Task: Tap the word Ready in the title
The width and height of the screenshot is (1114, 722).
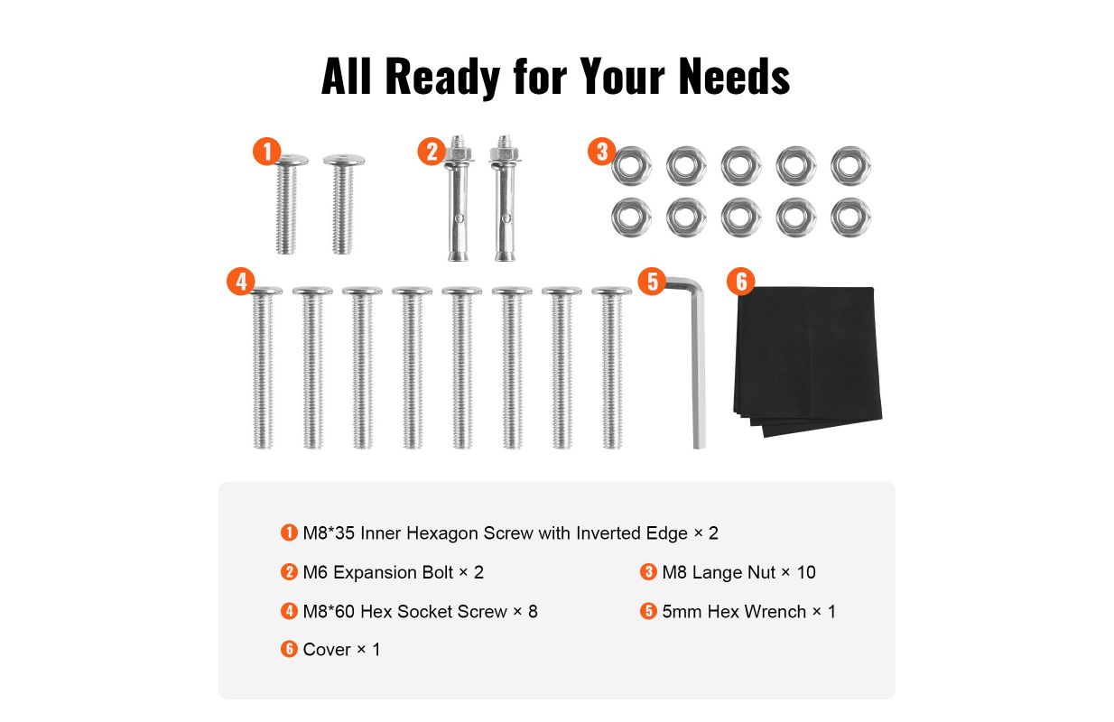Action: [x=442, y=78]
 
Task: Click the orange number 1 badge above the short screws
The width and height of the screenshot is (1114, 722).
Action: [x=267, y=151]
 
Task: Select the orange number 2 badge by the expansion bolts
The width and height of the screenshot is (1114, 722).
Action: [x=432, y=151]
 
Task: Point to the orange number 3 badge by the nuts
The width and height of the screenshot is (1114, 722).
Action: [x=602, y=151]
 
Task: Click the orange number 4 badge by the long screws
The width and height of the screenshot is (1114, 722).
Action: [x=241, y=282]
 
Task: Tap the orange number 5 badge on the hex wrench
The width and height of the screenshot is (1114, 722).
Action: [x=652, y=282]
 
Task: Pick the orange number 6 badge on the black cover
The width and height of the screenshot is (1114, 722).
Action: [x=741, y=282]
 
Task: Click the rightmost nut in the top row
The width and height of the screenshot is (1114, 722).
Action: [x=850, y=165]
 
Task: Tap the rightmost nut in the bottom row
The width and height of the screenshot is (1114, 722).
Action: [x=850, y=218]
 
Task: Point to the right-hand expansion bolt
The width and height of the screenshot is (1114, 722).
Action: [x=505, y=198]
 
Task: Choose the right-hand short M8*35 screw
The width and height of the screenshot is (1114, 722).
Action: [x=343, y=204]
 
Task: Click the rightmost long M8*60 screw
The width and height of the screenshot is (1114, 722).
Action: [x=612, y=367]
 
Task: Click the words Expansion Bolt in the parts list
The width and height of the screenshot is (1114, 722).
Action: [x=393, y=572]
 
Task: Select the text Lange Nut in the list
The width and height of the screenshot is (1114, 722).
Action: [x=734, y=572]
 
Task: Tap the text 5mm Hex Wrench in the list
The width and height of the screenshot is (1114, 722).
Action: [x=734, y=612]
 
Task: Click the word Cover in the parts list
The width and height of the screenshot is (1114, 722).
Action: [x=327, y=650]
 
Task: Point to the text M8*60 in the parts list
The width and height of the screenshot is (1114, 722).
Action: [x=329, y=612]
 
